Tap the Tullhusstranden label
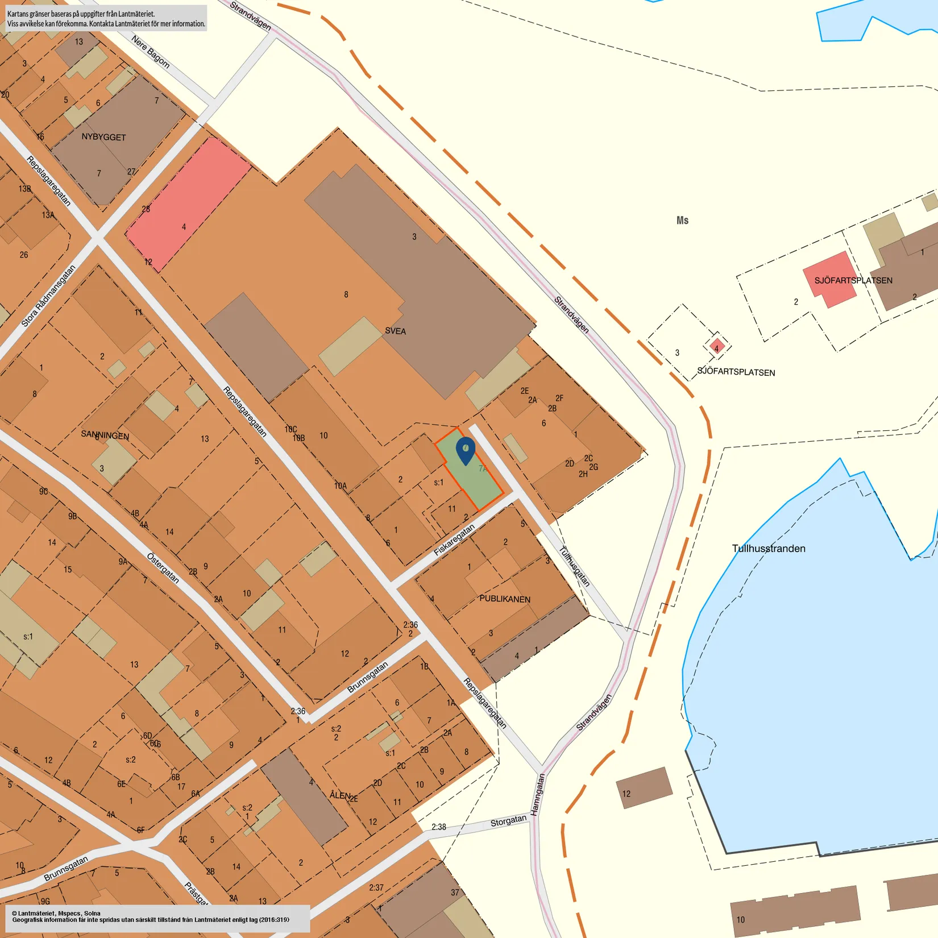(768, 549)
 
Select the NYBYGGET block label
(103, 137)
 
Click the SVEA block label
(395, 331)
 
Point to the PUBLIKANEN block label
(504, 599)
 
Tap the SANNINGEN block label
(105, 435)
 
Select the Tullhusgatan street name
(574, 566)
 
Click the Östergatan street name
(163, 568)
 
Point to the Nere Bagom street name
(151, 52)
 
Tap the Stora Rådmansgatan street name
(48, 296)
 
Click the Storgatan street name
(508, 821)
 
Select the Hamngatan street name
(537, 795)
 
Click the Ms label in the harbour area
(682, 221)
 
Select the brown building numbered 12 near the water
(644, 787)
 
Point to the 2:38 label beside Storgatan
(438, 827)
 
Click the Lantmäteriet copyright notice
(151, 917)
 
